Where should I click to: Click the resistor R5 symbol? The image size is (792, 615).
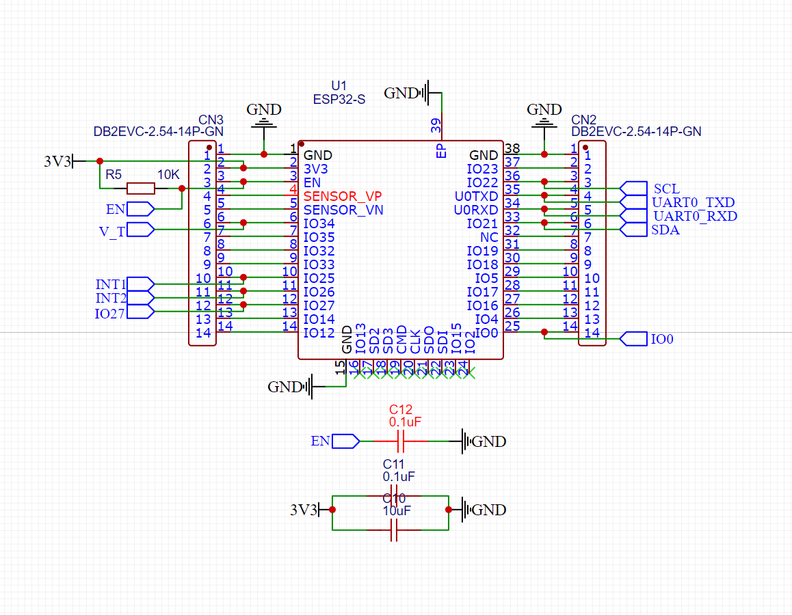tap(141, 189)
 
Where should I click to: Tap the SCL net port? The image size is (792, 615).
tap(633, 188)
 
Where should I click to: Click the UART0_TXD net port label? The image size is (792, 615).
tap(694, 202)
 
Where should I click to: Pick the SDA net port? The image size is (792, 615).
tap(633, 230)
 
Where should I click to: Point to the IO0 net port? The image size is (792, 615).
tap(633, 338)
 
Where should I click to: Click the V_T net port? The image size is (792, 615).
tap(140, 230)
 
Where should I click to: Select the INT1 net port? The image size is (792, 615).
tap(140, 284)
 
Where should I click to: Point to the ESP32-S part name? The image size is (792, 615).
tap(339, 99)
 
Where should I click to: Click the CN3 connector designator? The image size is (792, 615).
tap(211, 119)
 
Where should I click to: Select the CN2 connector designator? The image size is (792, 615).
tap(585, 119)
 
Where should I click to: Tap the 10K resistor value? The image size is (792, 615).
tap(168, 175)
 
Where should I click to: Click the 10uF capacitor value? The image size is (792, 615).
tap(397, 510)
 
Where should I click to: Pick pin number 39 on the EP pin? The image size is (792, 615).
tap(436, 124)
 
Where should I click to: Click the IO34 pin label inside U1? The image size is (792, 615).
tap(319, 223)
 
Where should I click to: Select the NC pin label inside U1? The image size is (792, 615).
tap(489, 237)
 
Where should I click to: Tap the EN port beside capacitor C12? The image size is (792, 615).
tap(345, 441)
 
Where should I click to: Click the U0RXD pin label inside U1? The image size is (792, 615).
tap(476, 210)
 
